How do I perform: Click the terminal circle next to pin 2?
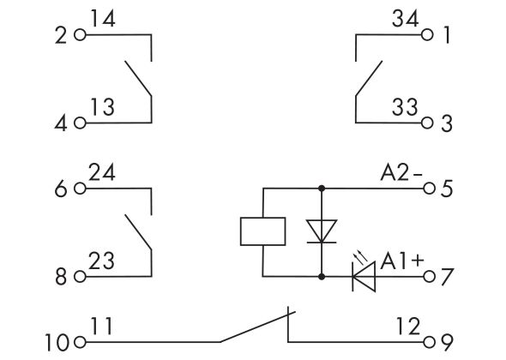[80, 34]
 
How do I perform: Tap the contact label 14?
[102, 18]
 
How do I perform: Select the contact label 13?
[102, 107]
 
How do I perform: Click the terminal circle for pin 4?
[80, 123]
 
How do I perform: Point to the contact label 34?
[406, 18]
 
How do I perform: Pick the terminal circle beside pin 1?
[427, 34]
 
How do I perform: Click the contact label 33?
[405, 107]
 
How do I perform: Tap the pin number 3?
[447, 123]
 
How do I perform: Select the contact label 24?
[102, 172]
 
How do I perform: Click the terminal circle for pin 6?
[80, 188]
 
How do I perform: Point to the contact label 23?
[102, 261]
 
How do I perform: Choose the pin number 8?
[61, 277]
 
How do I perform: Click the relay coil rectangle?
[263, 231]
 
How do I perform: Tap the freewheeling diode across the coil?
[322, 231]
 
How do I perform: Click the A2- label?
[401, 172]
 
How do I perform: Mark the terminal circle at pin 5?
[429, 188]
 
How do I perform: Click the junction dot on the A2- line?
[322, 188]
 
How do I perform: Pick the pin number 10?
[57, 343]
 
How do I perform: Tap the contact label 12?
[408, 326]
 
